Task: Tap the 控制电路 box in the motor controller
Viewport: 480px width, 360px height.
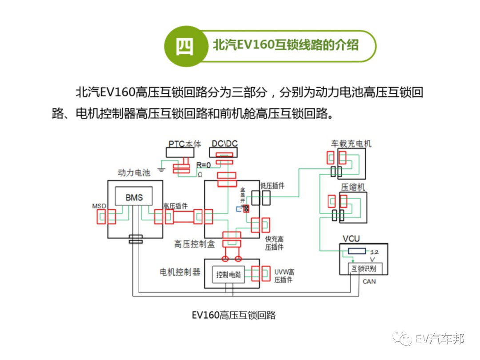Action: click(x=228, y=274)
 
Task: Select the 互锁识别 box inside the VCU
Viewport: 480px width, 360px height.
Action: click(x=363, y=269)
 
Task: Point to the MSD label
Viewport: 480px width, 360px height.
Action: click(x=99, y=206)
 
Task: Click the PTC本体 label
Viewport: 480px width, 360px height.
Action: click(x=185, y=144)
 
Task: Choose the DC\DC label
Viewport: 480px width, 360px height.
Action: click(x=224, y=144)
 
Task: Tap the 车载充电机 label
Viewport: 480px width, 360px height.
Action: click(x=351, y=144)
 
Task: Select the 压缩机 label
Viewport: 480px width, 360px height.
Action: click(x=353, y=187)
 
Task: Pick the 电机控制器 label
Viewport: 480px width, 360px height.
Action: click(x=180, y=272)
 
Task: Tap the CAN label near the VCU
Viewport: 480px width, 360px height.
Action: click(x=369, y=281)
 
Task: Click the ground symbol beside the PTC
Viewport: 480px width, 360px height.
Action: click(x=162, y=169)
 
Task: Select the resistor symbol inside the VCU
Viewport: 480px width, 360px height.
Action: click(x=357, y=251)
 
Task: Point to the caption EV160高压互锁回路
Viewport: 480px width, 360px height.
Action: click(x=234, y=315)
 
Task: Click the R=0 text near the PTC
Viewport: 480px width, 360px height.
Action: click(x=204, y=165)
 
